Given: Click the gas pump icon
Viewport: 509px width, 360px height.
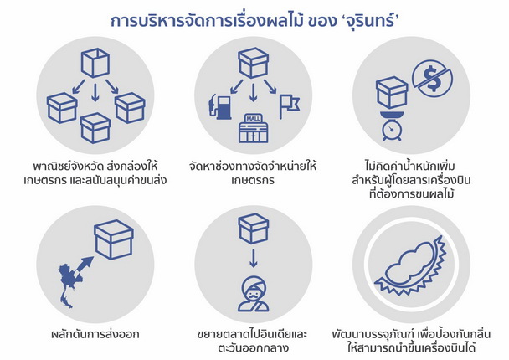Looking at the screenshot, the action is (x=220, y=107).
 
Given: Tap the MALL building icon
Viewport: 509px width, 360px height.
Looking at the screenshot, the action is (x=253, y=128).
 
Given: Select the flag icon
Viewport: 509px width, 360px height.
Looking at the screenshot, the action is (x=289, y=106).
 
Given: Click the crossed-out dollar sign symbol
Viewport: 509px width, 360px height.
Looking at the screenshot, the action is (x=432, y=79).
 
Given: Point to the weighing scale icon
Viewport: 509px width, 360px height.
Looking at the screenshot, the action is (x=392, y=126).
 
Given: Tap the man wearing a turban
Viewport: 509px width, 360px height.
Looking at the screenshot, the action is (x=253, y=295).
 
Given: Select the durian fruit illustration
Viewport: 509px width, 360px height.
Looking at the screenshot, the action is (x=411, y=265).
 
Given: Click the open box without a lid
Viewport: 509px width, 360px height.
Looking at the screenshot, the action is (x=95, y=63).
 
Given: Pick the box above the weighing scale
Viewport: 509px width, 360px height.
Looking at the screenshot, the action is (x=392, y=93).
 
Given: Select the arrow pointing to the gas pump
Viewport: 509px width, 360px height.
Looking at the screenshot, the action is (x=237, y=86).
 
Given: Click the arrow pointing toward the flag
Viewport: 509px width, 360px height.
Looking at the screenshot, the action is (x=270, y=86).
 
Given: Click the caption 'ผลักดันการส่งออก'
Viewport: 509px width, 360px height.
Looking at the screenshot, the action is (x=95, y=334).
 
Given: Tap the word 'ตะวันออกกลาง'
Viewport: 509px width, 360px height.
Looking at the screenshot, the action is (x=253, y=348).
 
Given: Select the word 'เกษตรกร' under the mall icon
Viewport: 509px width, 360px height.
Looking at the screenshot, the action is (x=253, y=181).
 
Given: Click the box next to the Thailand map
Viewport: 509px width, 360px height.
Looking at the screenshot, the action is (x=114, y=239).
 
